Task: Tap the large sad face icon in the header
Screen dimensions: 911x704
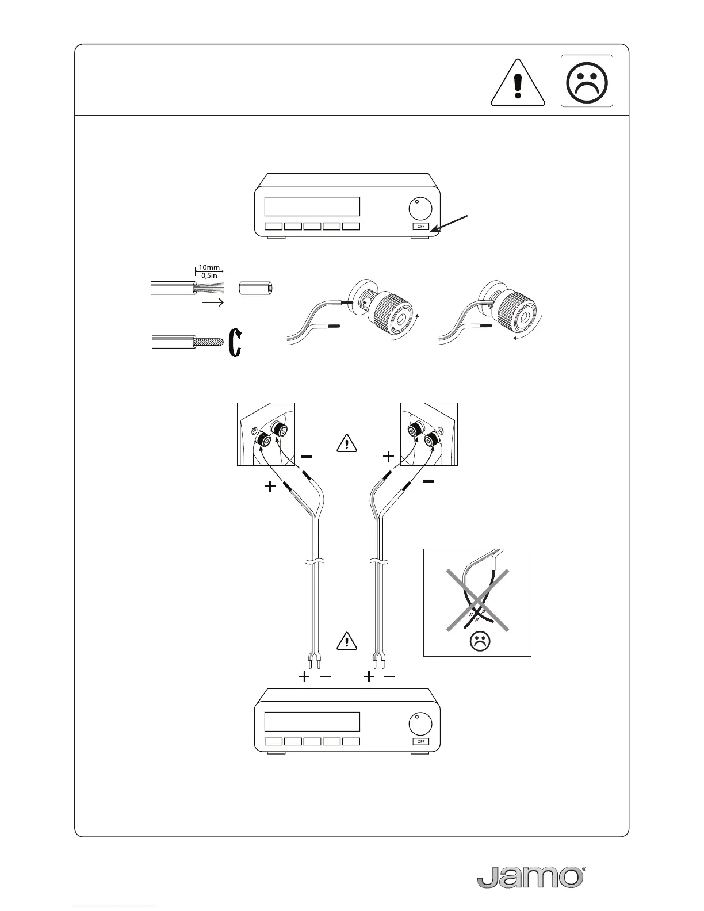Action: coord(587,81)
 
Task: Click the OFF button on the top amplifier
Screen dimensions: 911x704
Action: coord(421,227)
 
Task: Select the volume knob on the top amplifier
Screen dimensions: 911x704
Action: coord(421,208)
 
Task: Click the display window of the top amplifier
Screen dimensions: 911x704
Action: coord(312,206)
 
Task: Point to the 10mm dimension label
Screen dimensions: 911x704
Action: coord(209,267)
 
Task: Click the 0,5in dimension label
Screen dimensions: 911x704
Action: coord(209,275)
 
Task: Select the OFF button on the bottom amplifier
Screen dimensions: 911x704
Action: coord(421,741)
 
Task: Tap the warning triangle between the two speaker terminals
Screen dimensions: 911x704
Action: coord(347,443)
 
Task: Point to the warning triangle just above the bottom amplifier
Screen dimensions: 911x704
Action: coord(347,641)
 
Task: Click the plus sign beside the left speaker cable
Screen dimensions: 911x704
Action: coord(270,487)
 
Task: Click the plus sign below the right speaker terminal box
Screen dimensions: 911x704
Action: coord(389,457)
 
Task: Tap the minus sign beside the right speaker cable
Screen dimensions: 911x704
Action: coord(428,482)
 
